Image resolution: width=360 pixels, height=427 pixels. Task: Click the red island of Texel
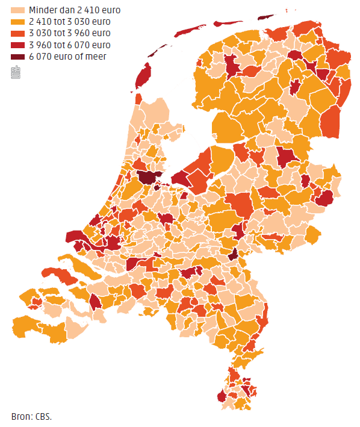click(143, 77)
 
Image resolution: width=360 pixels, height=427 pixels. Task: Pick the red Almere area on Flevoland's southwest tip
click(181, 178)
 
